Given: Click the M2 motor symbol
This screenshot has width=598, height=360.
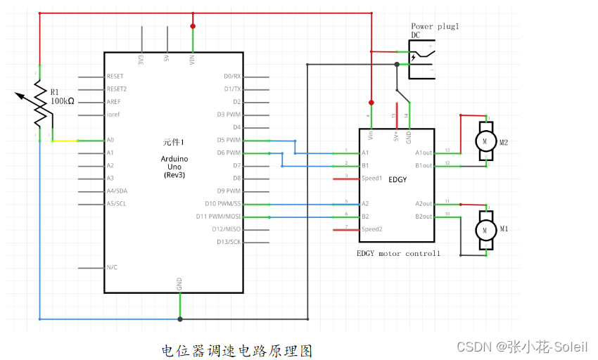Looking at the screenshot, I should click(x=484, y=141).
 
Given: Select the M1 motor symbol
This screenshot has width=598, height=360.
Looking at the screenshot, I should click(x=484, y=229).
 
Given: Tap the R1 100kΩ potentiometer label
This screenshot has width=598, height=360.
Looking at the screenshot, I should click(x=62, y=96).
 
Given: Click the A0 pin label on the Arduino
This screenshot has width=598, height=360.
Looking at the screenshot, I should click(x=110, y=140).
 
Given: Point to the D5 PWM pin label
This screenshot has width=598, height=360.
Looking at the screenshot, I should click(x=229, y=140).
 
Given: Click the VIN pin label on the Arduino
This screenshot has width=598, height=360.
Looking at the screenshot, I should click(x=193, y=60).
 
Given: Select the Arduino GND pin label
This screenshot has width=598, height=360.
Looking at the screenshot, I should click(x=180, y=284).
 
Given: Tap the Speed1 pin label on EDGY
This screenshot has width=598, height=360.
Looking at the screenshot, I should click(x=371, y=179).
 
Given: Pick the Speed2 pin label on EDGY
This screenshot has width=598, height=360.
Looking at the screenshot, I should click(x=371, y=229).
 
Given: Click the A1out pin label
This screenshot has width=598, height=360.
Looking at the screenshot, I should click(x=424, y=153).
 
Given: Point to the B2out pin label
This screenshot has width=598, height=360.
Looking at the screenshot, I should click(x=424, y=217).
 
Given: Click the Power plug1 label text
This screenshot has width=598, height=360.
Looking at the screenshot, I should click(x=435, y=26).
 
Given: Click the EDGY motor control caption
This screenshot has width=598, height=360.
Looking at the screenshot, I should click(x=398, y=253).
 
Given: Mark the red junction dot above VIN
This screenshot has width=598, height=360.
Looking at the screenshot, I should click(x=193, y=26).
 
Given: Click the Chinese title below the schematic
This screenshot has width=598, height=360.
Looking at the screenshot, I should click(x=236, y=350).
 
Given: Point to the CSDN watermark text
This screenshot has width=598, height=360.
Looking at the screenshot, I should click(x=522, y=347).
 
